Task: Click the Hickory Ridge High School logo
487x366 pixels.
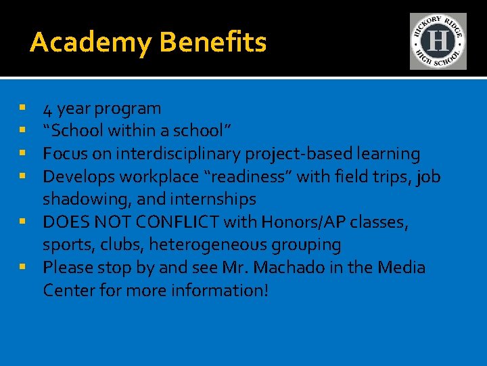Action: (438, 41)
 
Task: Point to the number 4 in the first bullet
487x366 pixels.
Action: (48, 108)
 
